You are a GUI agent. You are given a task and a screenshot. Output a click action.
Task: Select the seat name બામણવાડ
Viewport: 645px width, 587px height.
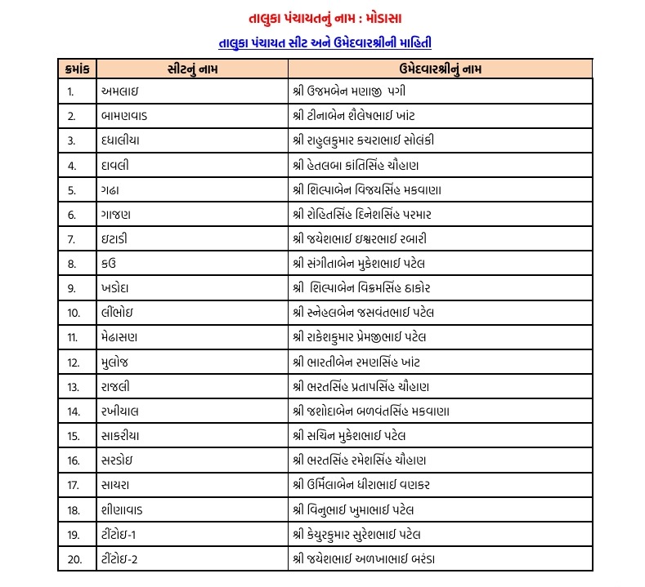pyautogui.click(x=126, y=116)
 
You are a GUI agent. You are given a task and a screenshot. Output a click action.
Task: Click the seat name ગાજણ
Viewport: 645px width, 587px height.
pyautogui.click(x=116, y=215)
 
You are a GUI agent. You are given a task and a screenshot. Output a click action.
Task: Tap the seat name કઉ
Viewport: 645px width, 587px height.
pyautogui.click(x=108, y=264)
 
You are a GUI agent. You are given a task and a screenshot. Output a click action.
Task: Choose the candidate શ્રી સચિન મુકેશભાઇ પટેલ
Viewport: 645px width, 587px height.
pyautogui.click(x=348, y=435)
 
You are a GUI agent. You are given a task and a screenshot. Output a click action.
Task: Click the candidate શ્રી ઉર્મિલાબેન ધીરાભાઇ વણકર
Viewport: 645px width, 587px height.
pyautogui.click(x=361, y=484)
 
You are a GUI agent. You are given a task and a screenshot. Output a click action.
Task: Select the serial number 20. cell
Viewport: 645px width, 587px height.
pyautogui.click(x=74, y=558)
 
